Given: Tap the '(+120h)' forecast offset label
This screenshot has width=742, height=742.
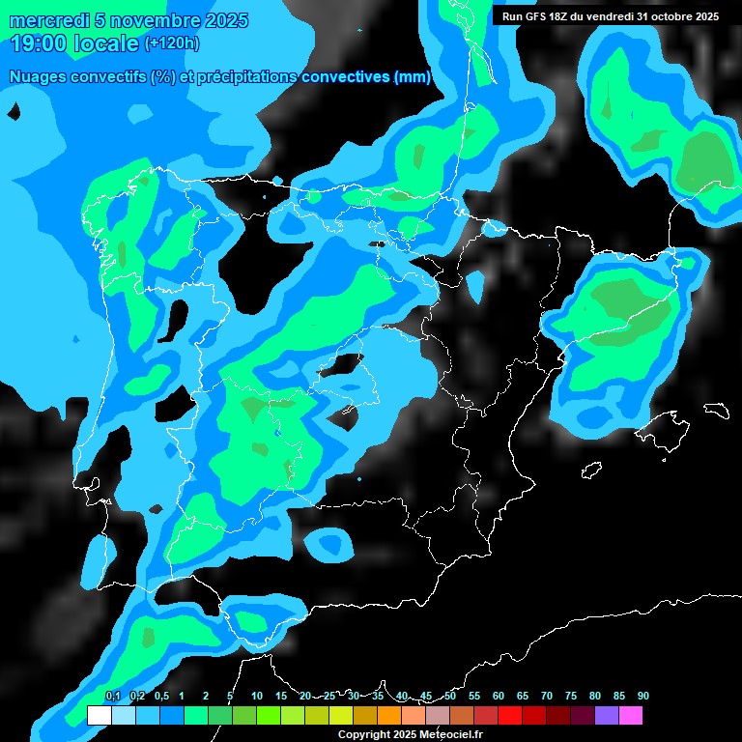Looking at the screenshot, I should pyautogui.click(x=172, y=43).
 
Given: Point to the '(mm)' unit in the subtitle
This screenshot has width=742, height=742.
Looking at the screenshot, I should pyautogui.click(x=413, y=77).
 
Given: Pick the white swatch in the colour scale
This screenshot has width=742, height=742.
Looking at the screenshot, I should pyautogui.click(x=100, y=716).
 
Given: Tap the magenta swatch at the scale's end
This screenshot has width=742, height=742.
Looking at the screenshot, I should pyautogui.click(x=631, y=716).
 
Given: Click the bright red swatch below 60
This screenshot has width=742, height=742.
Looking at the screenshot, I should pyautogui.click(x=510, y=716).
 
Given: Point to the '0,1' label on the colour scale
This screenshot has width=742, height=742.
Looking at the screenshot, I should pyautogui.click(x=113, y=696).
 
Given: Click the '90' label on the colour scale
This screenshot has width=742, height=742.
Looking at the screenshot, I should pyautogui.click(x=643, y=696).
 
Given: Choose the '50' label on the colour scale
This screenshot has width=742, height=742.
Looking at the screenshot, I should pyautogui.click(x=450, y=696).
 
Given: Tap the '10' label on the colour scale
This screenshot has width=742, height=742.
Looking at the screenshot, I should pyautogui.click(x=257, y=696).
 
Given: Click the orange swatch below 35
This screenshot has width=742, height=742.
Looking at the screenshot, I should pyautogui.click(x=389, y=716).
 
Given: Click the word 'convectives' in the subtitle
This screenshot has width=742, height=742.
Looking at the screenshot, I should pyautogui.click(x=348, y=77).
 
